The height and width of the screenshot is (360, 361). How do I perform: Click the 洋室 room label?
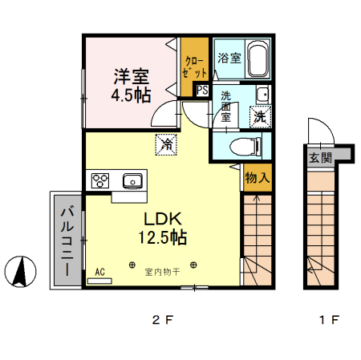pyautogui.click(x=131, y=77)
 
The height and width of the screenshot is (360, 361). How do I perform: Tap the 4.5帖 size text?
pyautogui.click(x=131, y=96)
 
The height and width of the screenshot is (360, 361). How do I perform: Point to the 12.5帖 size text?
pyautogui.click(x=165, y=238)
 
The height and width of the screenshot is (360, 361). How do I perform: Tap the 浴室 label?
pyautogui.click(x=229, y=58)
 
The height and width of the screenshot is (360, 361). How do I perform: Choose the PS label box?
pyautogui.click(x=202, y=91)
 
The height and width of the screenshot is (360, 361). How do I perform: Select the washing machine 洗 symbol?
pyautogui.click(x=260, y=116)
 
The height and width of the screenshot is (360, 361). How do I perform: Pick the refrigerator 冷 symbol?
pyautogui.click(x=166, y=144)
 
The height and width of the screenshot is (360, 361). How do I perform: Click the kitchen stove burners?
pyautogui.click(x=102, y=180)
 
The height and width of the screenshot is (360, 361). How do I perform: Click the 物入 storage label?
pyautogui.click(x=257, y=177)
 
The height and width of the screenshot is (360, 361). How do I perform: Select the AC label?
pyautogui.click(x=100, y=272)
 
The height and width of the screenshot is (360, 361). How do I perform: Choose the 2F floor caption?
pyautogui.click(x=163, y=321)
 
